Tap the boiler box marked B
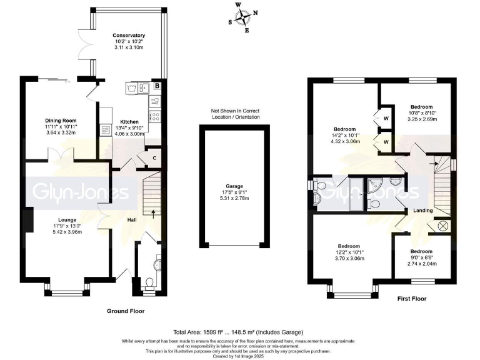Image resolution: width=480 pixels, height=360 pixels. pos(157,86)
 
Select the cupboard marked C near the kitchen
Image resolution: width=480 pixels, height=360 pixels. pos(154,158)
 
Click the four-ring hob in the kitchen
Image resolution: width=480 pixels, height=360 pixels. pos(154,115)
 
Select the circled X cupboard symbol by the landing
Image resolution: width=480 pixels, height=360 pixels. pos(444,225)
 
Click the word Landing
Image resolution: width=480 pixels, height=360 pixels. pos(422,211)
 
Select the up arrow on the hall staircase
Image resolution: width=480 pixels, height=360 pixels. pos(153,212)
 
